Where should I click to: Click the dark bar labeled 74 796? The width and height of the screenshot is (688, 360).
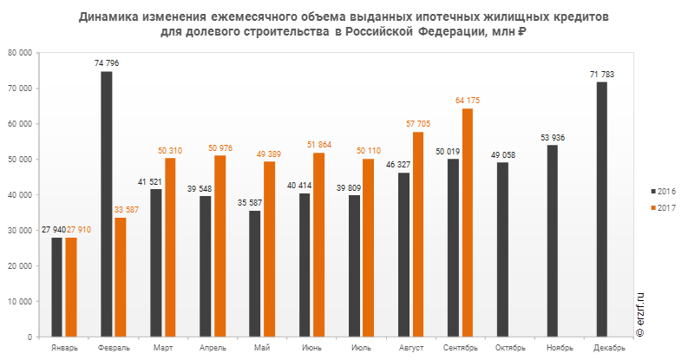pyautogui.click(x=107, y=204)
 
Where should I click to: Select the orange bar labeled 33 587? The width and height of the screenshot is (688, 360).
pyautogui.click(x=121, y=277)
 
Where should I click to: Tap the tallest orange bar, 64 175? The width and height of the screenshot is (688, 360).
pyautogui.click(x=468, y=222)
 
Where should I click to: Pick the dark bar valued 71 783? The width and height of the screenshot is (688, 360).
pyautogui.click(x=602, y=209)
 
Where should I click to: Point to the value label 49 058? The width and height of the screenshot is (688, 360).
pyautogui.click(x=502, y=154)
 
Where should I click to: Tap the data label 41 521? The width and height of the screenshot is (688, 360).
pyautogui.click(x=152, y=182)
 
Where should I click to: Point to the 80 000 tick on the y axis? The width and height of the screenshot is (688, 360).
pyautogui.click(x=22, y=53)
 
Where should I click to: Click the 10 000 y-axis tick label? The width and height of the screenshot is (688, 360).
pyautogui.click(x=22, y=301)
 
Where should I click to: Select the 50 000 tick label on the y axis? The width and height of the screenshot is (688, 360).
pyautogui.click(x=22, y=160)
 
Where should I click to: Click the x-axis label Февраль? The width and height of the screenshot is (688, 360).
pyautogui.click(x=114, y=348)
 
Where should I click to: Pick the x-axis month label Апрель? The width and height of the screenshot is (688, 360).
pyautogui.click(x=213, y=348)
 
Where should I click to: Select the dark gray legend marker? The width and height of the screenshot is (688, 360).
pyautogui.click(x=653, y=190)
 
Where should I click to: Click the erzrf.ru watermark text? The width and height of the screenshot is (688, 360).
pyautogui.click(x=643, y=313)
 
